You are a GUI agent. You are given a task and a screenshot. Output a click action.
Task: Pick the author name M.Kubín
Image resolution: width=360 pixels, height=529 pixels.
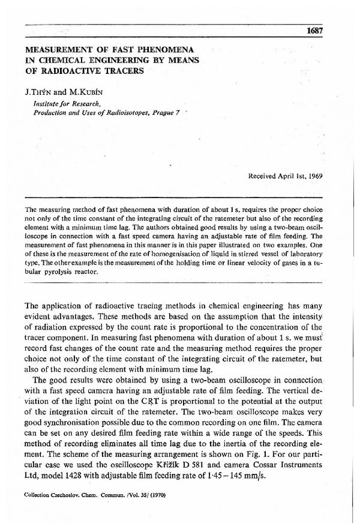(85, 92)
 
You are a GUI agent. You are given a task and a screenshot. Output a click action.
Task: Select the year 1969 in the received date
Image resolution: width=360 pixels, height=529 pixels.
(314, 177)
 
